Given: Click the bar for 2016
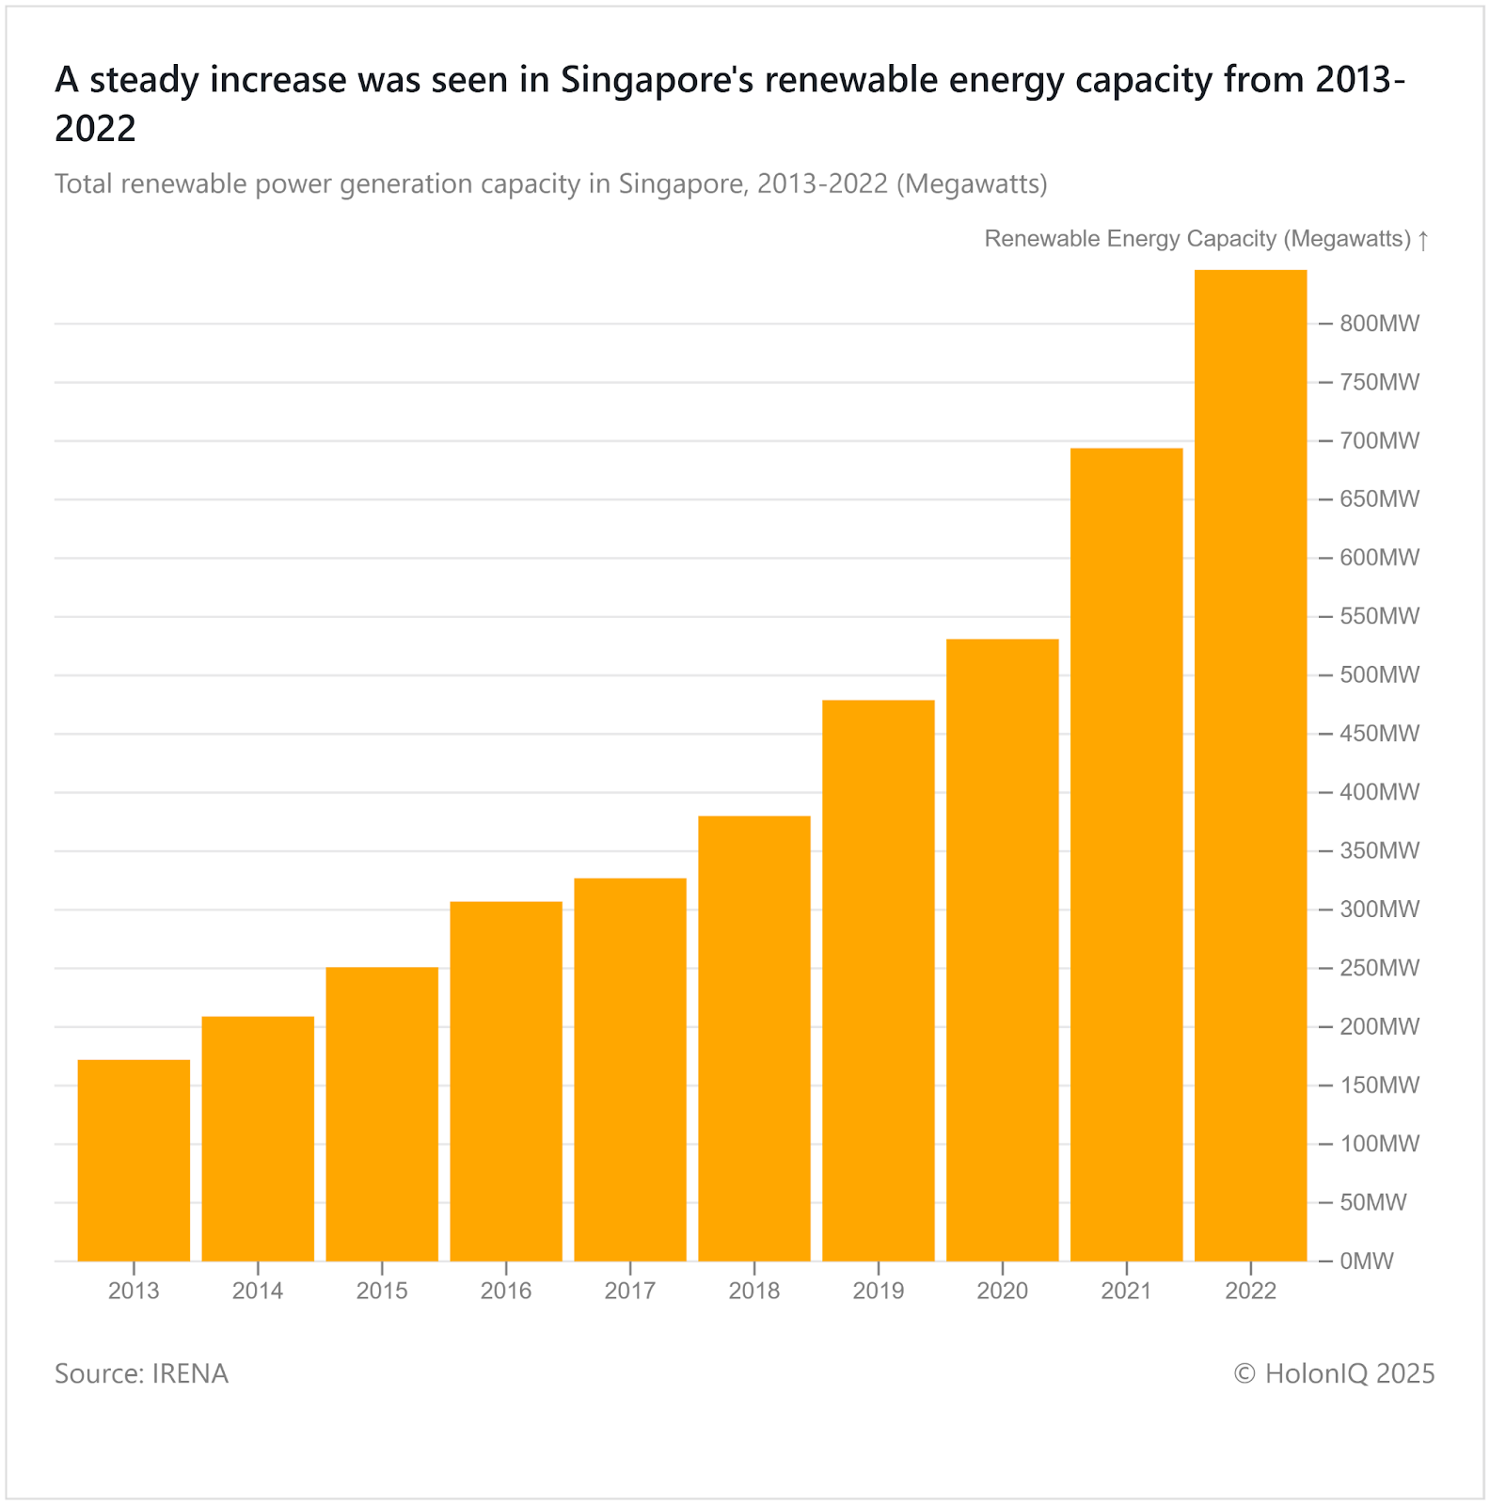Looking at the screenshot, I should pyautogui.click(x=506, y=1081).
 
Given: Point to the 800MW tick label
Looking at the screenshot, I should pyautogui.click(x=1379, y=324).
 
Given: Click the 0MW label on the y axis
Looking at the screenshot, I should pyautogui.click(x=1366, y=1261).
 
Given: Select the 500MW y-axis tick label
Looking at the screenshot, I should pyautogui.click(x=1379, y=675).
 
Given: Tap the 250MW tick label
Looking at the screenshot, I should pyautogui.click(x=1379, y=968).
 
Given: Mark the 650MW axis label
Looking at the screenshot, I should pyautogui.click(x=1379, y=499).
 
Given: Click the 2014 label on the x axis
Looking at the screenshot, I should pyautogui.click(x=258, y=1291).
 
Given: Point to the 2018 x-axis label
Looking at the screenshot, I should pyautogui.click(x=754, y=1291).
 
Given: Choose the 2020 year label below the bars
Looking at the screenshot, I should pyautogui.click(x=1002, y=1291).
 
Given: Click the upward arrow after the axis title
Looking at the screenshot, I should pyautogui.click(x=1423, y=240).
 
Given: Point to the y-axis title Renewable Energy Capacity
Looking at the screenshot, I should pyautogui.click(x=1131, y=239).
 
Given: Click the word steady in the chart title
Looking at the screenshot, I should pyautogui.click(x=144, y=81).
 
